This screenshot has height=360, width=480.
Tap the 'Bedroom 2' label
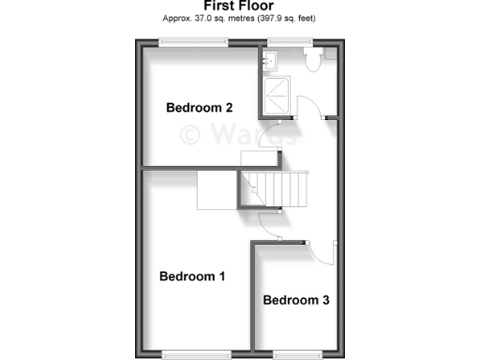coord(200,107)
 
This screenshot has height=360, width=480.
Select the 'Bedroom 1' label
coord(192,277)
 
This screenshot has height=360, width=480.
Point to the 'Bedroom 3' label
coord(295,301)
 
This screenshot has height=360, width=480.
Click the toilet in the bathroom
coord(314,59)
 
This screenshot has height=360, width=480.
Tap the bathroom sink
coord(271,62)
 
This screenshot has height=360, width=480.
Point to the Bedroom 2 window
coord(192,41)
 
